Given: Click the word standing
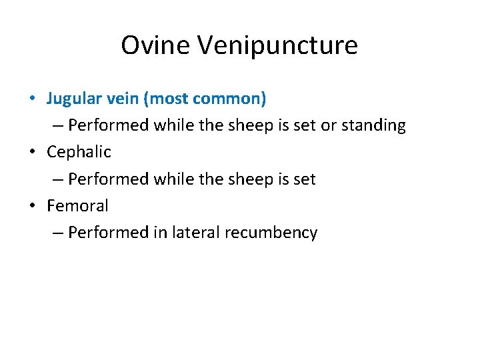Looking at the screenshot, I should pos(373,126).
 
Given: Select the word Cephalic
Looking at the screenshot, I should pos(79,153).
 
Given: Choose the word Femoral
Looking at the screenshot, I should pos(77,206).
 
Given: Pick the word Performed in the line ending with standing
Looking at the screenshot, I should pos(109,126).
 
